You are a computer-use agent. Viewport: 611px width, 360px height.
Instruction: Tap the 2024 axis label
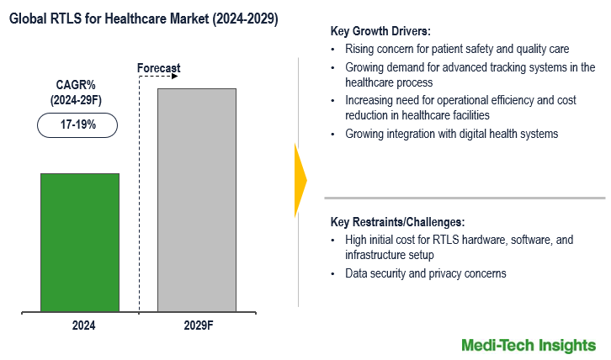[80, 325]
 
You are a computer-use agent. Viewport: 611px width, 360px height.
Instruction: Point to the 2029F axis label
[196, 325]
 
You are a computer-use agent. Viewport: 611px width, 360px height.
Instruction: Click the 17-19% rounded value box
[77, 124]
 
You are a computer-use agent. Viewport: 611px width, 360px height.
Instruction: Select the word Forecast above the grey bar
[158, 68]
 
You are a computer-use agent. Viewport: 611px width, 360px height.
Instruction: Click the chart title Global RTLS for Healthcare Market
[144, 17]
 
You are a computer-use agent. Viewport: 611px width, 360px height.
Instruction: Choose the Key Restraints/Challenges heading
[397, 222]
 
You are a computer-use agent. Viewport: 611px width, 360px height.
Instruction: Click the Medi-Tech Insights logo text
[529, 345]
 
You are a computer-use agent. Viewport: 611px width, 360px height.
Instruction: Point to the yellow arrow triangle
[300, 180]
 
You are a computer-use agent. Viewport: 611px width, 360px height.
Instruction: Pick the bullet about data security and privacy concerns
[425, 273]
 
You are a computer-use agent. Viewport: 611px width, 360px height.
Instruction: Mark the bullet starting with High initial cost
[459, 246]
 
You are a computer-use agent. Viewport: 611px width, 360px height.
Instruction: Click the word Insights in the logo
[568, 345]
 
